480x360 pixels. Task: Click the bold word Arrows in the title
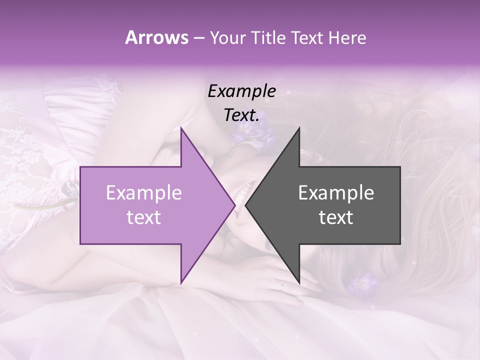coord(156,37)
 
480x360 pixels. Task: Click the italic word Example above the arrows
coord(241,91)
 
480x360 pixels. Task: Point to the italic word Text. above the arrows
coord(241,115)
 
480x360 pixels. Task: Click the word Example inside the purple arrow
coord(143,193)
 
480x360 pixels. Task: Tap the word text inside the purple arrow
coord(143,217)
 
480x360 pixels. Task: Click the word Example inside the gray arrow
coord(336,193)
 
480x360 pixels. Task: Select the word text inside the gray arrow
coord(336,217)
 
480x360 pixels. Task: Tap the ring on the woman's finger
coord(282,285)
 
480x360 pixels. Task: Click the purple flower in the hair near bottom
coord(364,284)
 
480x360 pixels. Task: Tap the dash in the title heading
coord(198,38)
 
